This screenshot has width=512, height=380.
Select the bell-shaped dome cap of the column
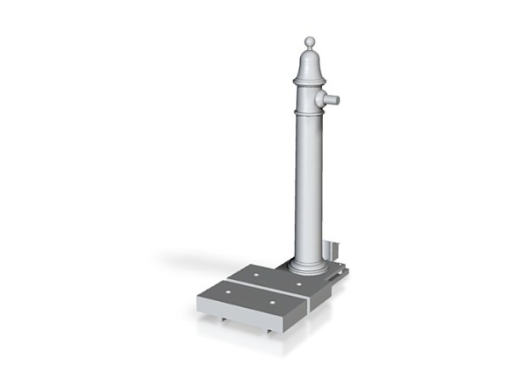pyautogui.click(x=310, y=64)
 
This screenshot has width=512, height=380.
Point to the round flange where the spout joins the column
pyautogui.click(x=320, y=100)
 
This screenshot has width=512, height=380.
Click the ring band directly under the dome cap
pyautogui.click(x=310, y=81)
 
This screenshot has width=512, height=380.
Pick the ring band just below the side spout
pyautogui.click(x=309, y=112)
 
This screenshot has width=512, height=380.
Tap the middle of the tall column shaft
pyautogui.click(x=309, y=187)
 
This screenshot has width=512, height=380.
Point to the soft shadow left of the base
pyautogui.click(x=182, y=259)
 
